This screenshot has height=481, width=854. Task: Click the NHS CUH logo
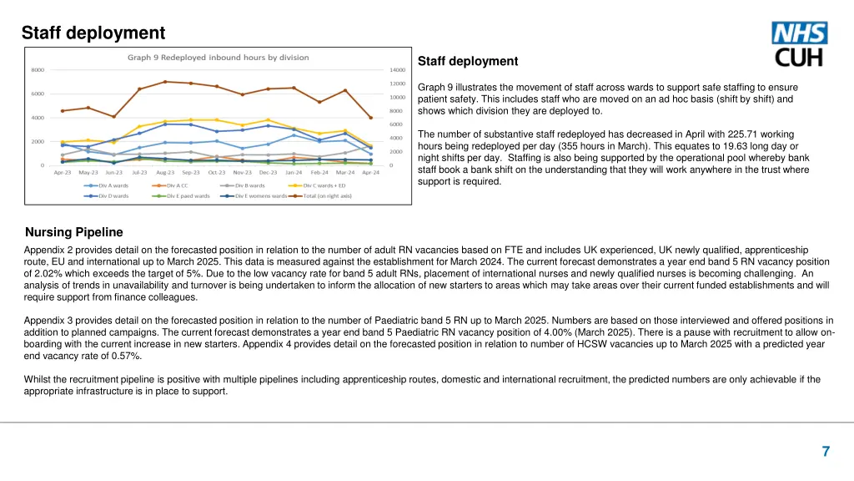pyautogui.click(x=801, y=45)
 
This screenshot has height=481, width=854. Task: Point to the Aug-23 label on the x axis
pyautogui.click(x=165, y=172)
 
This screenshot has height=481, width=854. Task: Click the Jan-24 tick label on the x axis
pyautogui.click(x=294, y=172)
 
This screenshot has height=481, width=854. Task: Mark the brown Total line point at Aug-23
pyautogui.click(x=165, y=82)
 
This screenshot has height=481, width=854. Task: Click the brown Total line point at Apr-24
pyautogui.click(x=370, y=118)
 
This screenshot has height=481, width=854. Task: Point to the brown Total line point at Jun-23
pyautogui.click(x=113, y=116)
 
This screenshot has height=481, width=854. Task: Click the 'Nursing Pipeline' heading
pyautogui.click(x=74, y=231)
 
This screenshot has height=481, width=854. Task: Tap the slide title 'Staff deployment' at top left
pyautogui.click(x=93, y=33)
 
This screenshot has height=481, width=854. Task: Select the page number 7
pyautogui.click(x=825, y=452)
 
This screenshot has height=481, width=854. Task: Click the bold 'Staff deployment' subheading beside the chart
pyautogui.click(x=467, y=61)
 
